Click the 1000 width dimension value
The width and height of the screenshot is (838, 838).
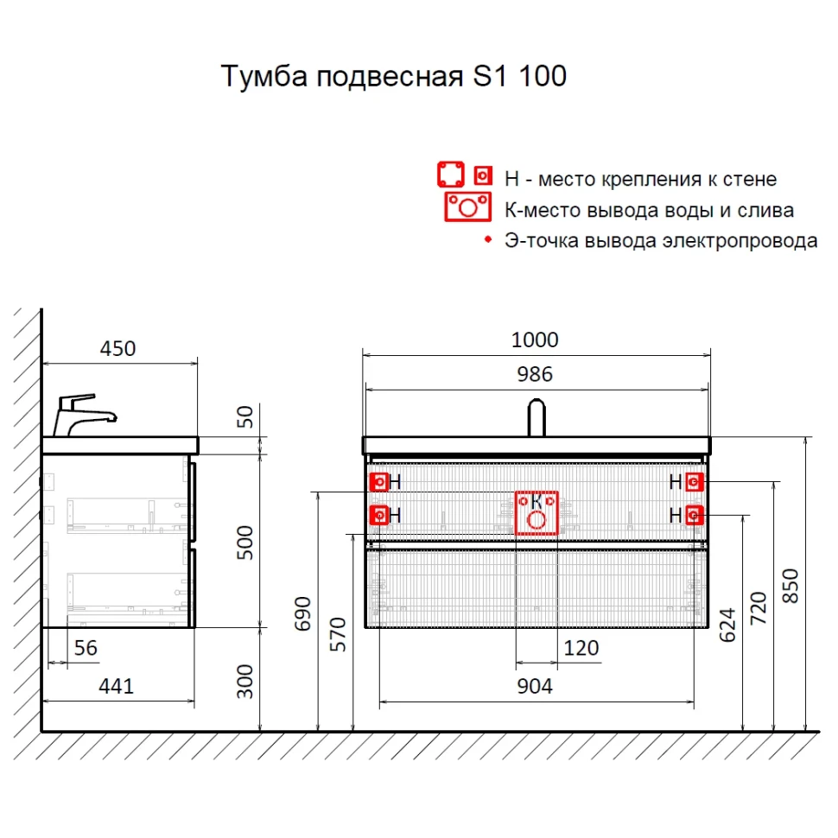(x=535, y=340)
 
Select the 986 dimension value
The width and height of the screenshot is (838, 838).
(x=535, y=374)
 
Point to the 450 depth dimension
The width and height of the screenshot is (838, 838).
(x=117, y=348)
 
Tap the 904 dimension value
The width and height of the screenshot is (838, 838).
(x=535, y=686)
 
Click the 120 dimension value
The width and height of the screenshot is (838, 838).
(x=581, y=648)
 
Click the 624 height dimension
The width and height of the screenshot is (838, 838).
(x=728, y=625)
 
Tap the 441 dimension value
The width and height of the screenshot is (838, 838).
(x=116, y=686)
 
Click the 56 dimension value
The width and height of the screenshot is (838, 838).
(x=86, y=648)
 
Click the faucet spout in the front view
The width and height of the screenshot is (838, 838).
(x=536, y=417)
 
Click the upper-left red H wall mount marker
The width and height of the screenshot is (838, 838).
(x=378, y=482)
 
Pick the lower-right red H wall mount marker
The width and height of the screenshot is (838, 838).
(x=695, y=516)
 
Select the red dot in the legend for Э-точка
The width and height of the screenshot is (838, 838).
(x=486, y=238)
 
